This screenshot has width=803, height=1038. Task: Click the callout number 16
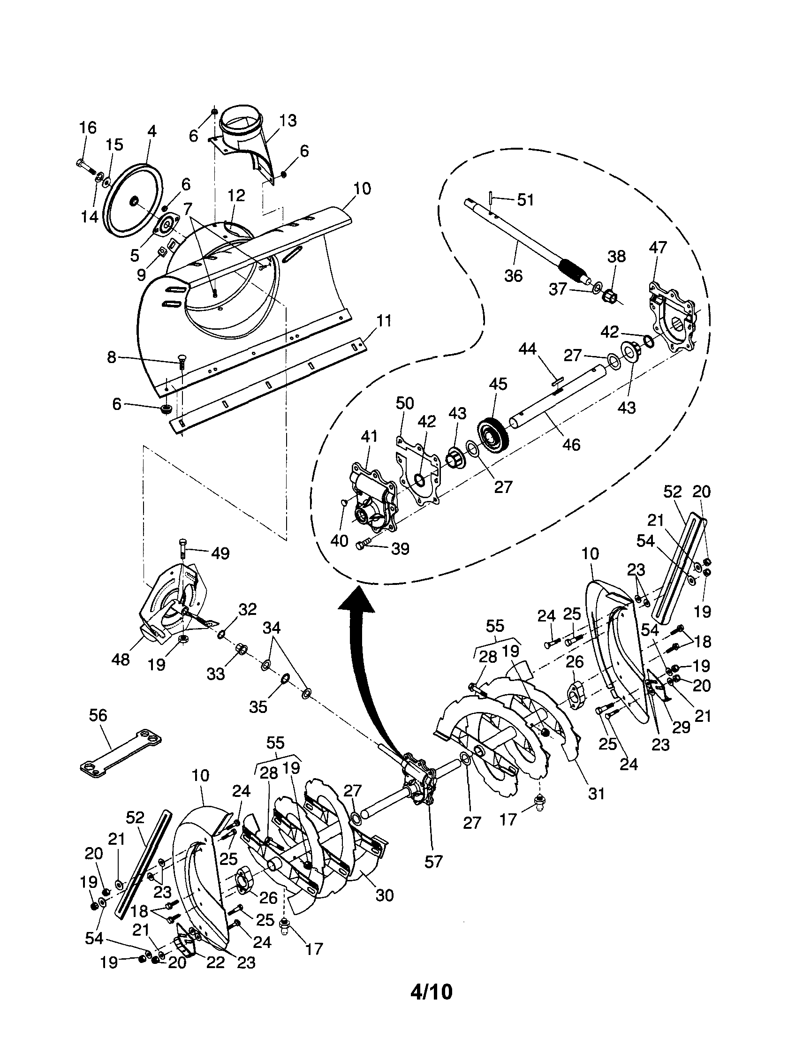[x=87, y=128]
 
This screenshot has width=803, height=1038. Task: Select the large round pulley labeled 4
[x=133, y=201]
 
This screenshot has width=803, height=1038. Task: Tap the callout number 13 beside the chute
[x=287, y=121]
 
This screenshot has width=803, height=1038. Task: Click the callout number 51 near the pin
[x=525, y=200]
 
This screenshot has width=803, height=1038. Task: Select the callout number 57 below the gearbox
[x=433, y=861]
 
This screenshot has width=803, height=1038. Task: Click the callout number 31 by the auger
[x=596, y=793]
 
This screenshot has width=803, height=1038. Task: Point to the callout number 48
[x=120, y=659]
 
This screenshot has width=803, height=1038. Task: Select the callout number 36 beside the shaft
[x=513, y=276]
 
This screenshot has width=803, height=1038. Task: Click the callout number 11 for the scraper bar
[x=384, y=321]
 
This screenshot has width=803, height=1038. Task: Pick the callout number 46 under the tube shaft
[x=571, y=444]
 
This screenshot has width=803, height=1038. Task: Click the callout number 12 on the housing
[x=236, y=196]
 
